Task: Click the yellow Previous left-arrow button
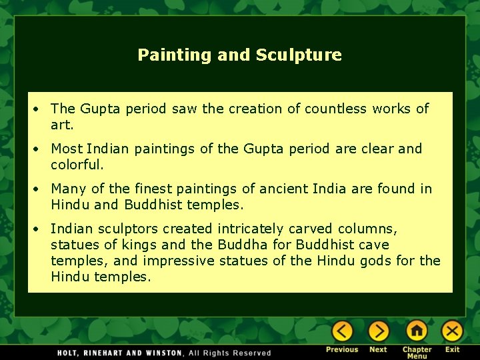tap(342, 331)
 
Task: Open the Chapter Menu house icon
tap(416, 331)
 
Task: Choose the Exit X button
tap(452, 331)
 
